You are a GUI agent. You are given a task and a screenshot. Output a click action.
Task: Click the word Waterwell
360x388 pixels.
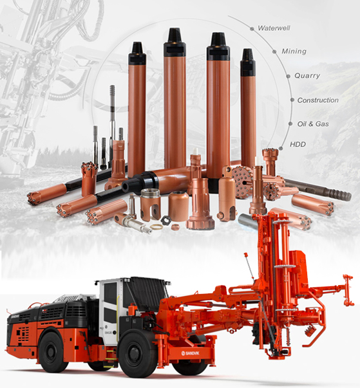pos(274,28)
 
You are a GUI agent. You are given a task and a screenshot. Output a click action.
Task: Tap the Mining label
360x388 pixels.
pos(294,51)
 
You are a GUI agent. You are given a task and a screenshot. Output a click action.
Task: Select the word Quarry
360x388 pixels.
pos(307,75)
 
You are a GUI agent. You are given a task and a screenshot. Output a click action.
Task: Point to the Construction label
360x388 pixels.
pos(318,100)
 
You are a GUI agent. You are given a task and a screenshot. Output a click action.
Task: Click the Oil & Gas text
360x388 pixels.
pos(313,124)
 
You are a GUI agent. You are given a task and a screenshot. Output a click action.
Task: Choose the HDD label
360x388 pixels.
pos(298,144)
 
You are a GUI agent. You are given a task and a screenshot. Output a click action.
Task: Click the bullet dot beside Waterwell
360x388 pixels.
pos(252,29)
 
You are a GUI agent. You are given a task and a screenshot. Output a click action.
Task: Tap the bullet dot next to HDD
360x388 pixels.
pos(281,149)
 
